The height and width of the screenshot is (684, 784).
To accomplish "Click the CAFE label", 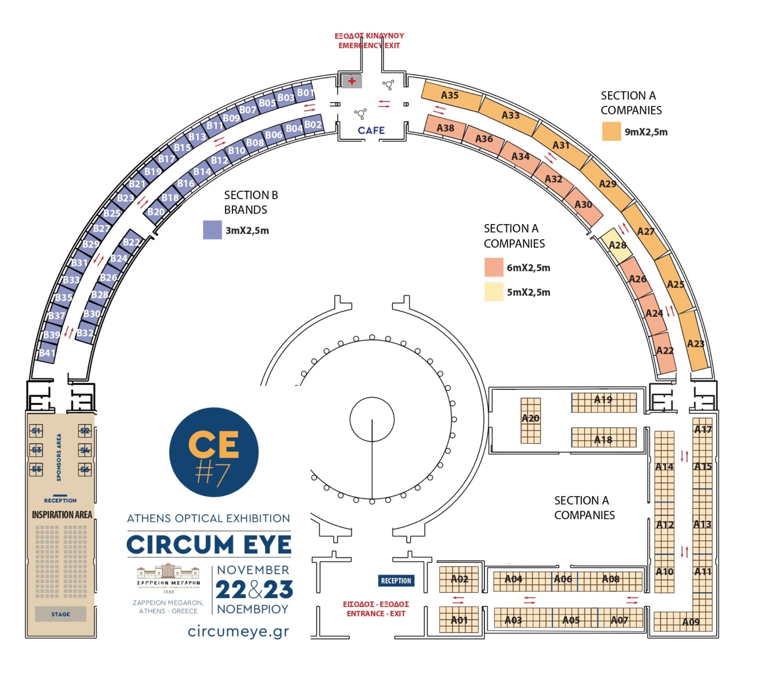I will [x=371, y=131].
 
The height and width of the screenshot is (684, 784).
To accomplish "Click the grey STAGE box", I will [x=60, y=614].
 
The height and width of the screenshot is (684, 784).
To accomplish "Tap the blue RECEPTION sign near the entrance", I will [x=396, y=581].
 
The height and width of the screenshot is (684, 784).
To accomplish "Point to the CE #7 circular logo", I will [x=213, y=452].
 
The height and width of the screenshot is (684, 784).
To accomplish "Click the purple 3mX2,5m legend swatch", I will [x=212, y=230].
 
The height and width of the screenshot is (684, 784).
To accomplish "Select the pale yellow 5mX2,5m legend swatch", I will [x=493, y=292].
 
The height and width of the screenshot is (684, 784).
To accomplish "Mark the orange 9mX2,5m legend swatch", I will [x=611, y=132].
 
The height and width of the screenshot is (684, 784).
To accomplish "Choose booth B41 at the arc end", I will [x=47, y=353].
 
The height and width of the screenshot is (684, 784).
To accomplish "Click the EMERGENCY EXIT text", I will [x=369, y=46].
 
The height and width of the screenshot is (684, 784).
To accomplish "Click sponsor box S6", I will [x=84, y=470].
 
